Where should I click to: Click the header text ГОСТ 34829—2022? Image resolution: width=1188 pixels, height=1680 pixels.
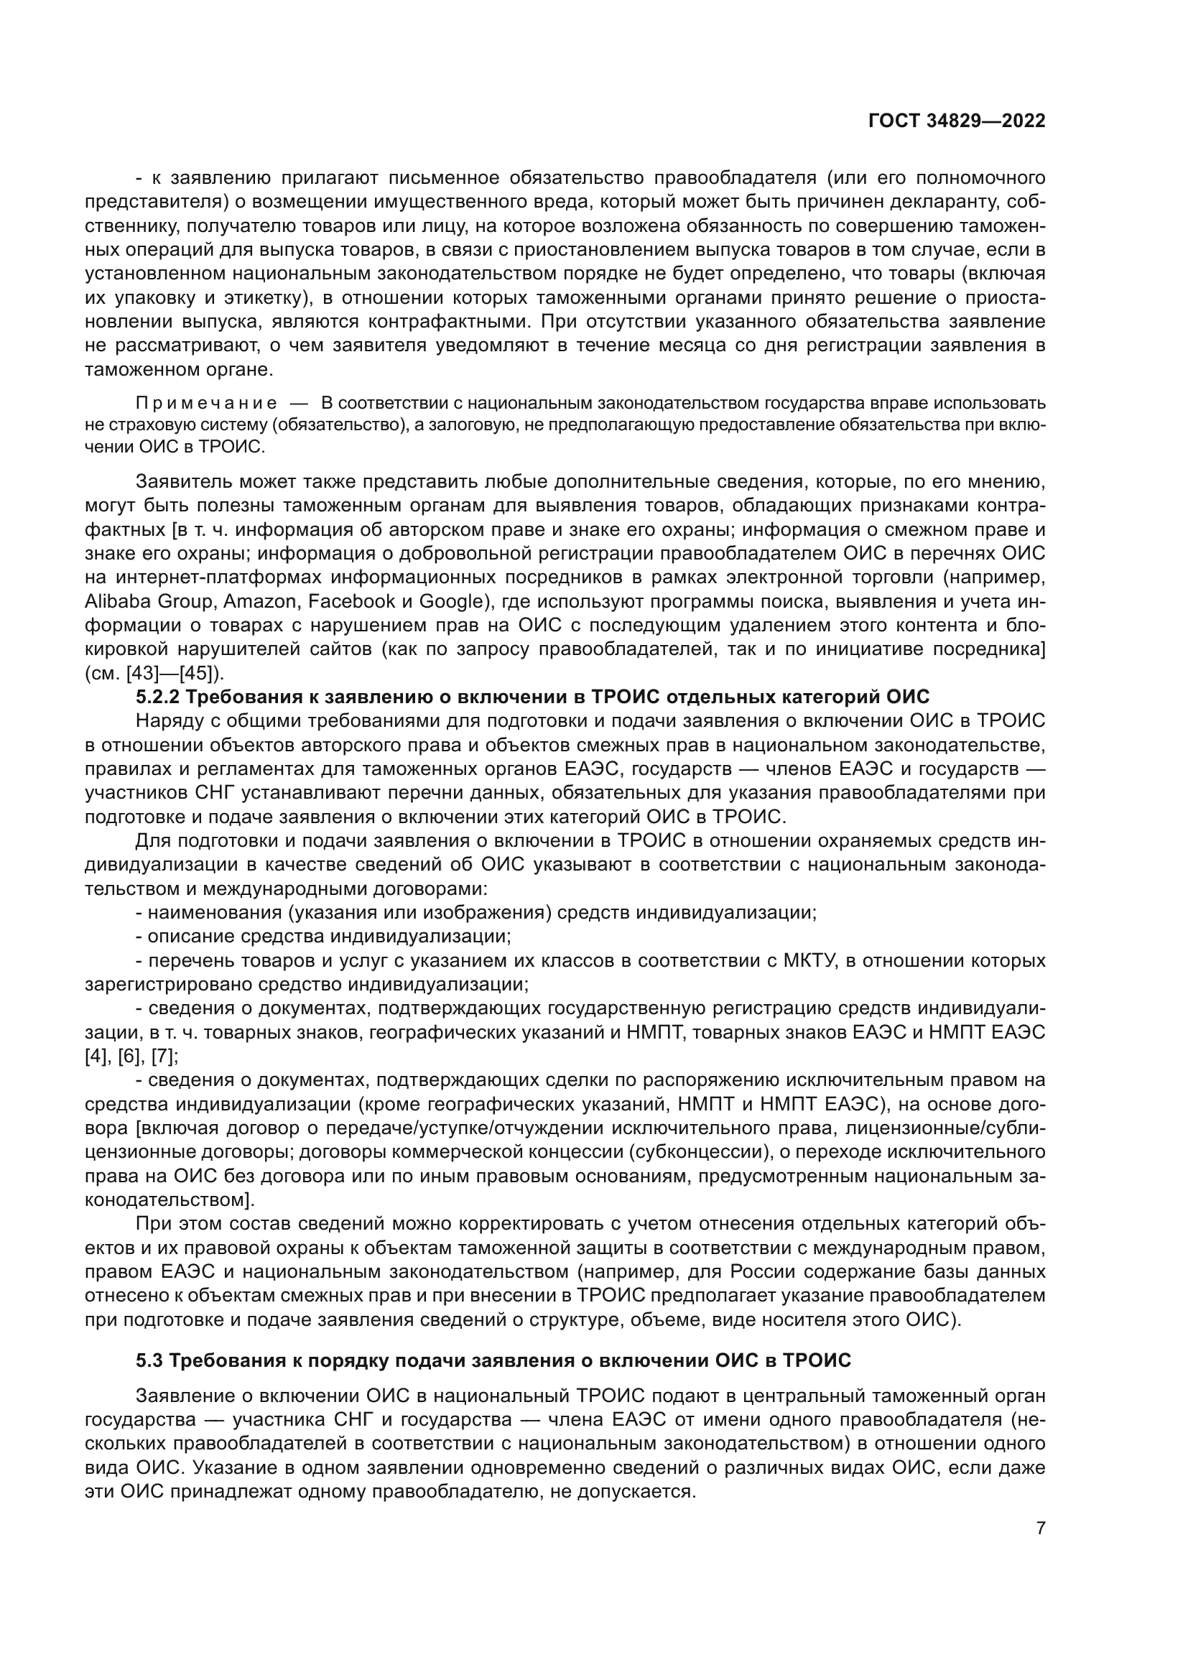(x=957, y=121)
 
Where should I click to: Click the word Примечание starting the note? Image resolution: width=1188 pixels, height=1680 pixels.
(x=206, y=403)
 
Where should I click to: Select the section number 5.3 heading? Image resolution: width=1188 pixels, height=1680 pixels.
(x=151, y=1361)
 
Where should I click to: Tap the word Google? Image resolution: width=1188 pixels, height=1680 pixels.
(x=451, y=601)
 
